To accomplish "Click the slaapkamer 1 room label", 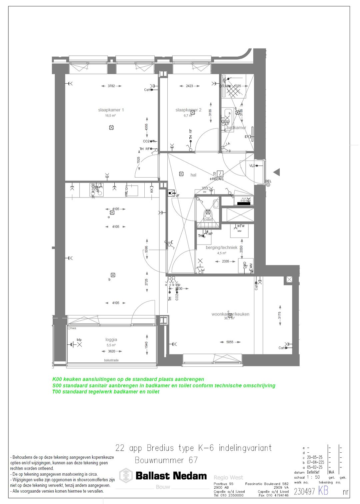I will pyautogui.click(x=111, y=110).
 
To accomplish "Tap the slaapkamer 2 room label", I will pyautogui.click(x=188, y=110).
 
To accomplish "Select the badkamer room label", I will pyautogui.click(x=236, y=128).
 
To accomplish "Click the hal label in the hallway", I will pyautogui.click(x=193, y=175).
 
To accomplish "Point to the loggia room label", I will pyautogui.click(x=111, y=339).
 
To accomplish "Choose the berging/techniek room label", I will pyautogui.click(x=222, y=248).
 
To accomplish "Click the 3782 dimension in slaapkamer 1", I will pyautogui.click(x=111, y=86).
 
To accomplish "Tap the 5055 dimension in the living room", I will pyautogui.click(x=230, y=342).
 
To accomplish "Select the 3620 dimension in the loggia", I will pyautogui.click(x=112, y=351).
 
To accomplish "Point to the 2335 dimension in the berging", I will pyautogui.click(x=226, y=261).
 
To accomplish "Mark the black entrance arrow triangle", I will pyautogui.click(x=277, y=172).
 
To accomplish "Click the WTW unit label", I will pyautogui.click(x=241, y=226).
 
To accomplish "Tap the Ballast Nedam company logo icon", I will pyautogui.click(x=126, y=476).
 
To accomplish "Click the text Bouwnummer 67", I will pyautogui.click(x=166, y=460).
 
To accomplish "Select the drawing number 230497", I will pyautogui.click(x=304, y=491).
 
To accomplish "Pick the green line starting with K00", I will pyautogui.click(x=128, y=379).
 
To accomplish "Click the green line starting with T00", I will pyautogui.click(x=106, y=392).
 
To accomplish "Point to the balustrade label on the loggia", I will pyautogui.click(x=111, y=360).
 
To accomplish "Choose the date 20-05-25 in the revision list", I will pyautogui.click(x=315, y=457).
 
